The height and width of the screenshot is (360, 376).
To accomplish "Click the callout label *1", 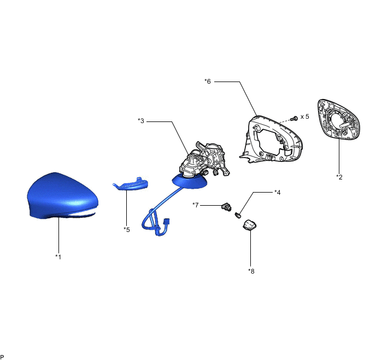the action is tap(58, 257).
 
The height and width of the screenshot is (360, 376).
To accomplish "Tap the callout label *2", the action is tap(339, 177).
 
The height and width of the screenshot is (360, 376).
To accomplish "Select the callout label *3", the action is tap(141, 121).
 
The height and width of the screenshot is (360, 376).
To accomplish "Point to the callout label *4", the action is tap(278, 192).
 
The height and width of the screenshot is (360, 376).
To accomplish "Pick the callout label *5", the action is tap(127, 230).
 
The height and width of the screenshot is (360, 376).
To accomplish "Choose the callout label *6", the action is tap(208, 82).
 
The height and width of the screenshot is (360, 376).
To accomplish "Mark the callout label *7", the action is tap(196, 205).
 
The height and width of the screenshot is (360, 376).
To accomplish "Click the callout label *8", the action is tap(251, 271).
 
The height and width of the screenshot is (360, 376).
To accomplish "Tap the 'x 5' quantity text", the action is tap(305, 117).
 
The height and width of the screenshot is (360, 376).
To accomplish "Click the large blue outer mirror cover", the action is tap(63, 196).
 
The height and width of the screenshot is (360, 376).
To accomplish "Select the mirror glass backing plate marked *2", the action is tap(339, 119).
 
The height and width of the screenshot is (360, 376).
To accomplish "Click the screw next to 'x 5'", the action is tap(294, 118).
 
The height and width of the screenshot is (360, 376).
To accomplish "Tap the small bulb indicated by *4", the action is tap(238, 215).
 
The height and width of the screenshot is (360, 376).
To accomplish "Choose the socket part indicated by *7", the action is tap(226, 207).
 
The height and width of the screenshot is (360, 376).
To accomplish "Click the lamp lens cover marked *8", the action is tap(250, 226).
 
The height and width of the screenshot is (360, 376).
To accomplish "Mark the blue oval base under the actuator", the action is tap(190, 182).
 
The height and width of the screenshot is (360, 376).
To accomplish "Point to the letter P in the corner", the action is tap(2, 357).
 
